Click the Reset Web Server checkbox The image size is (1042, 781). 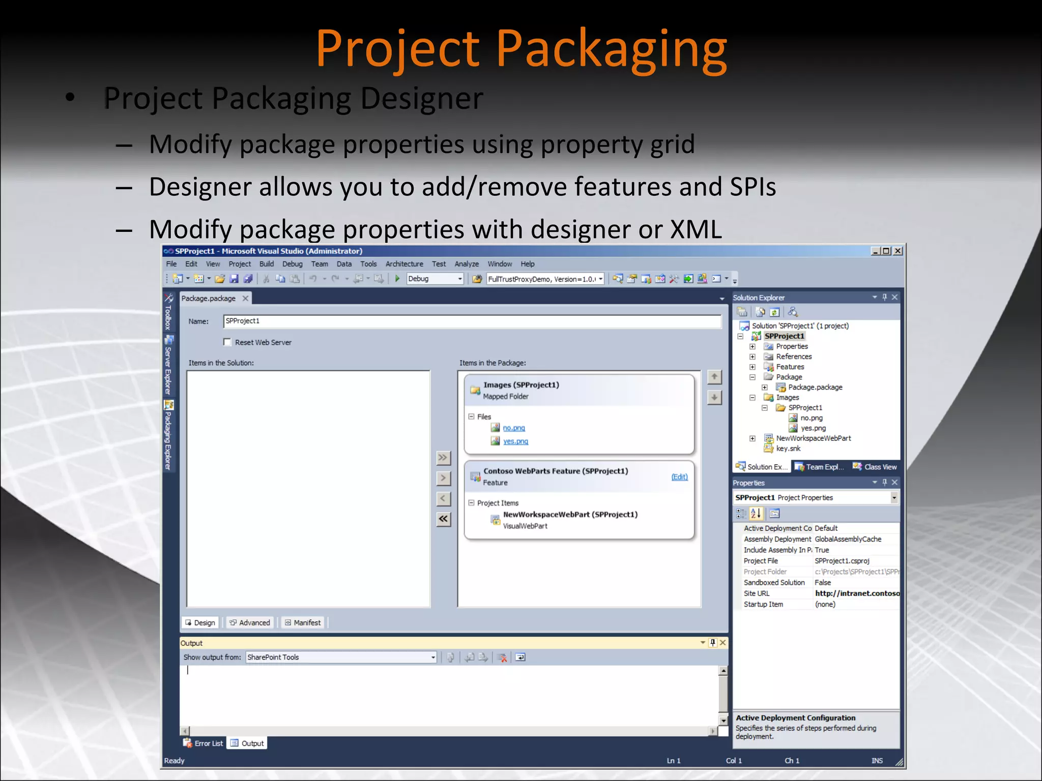tap(227, 342)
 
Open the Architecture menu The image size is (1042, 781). tap(404, 264)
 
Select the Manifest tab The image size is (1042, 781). tap(303, 623)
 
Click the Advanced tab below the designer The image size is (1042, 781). tap(250, 623)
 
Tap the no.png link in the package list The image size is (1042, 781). tap(514, 428)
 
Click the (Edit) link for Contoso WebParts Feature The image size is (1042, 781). tap(679, 477)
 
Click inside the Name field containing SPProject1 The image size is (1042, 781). tap(472, 321)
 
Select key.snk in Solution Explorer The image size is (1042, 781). tap(788, 448)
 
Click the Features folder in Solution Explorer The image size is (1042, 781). tap(790, 367)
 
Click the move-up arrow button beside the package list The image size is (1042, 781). tap(714, 377)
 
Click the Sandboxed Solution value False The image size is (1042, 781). tap(823, 583)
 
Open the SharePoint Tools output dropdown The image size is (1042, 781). tap(433, 657)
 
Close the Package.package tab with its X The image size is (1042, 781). tap(245, 298)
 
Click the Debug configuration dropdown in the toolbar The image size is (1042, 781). tap(436, 279)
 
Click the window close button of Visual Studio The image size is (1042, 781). tap(898, 251)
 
